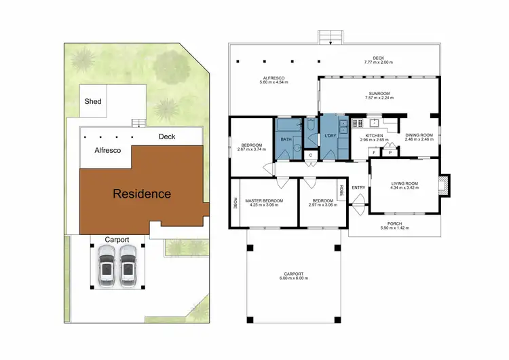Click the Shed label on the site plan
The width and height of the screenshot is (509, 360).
[93, 101]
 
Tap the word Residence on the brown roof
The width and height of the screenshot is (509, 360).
[141, 194]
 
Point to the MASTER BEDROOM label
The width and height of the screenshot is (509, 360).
[263, 201]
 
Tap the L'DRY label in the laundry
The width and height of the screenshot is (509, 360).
[331, 136]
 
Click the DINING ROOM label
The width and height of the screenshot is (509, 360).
[419, 134]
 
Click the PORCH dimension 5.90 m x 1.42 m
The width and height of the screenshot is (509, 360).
[394, 228]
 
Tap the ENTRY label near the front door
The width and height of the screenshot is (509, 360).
[358, 187]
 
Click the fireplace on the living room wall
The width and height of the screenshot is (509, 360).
[445, 185]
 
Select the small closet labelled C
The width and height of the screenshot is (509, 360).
[310, 156]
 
